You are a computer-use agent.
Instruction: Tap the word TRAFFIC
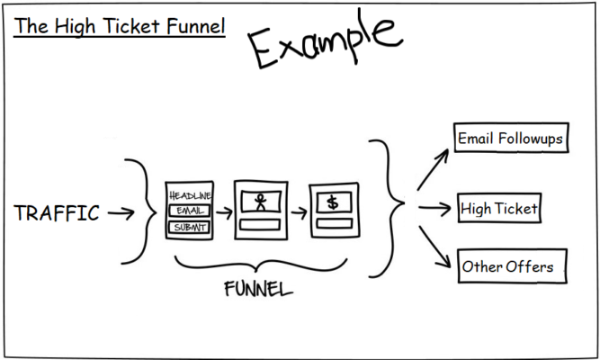tap(57, 213)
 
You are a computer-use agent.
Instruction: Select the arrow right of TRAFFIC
tap(120, 213)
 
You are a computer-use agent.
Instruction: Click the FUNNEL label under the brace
tap(258, 290)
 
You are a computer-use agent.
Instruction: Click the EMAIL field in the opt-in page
tap(189, 211)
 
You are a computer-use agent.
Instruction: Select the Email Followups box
tap(511, 139)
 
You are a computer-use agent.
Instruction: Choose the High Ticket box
tap(498, 210)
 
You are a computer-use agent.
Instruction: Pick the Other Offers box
tap(507, 267)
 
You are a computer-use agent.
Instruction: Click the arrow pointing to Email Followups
tap(434, 168)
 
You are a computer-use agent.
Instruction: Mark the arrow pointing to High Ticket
tap(433, 210)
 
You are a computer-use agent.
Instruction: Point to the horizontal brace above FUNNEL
tap(259, 265)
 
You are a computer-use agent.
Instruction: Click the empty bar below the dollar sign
tap(333, 223)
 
